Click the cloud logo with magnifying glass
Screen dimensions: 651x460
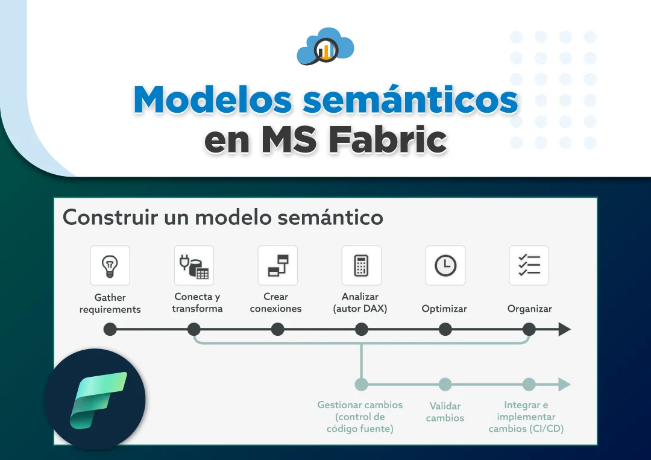click(325, 46)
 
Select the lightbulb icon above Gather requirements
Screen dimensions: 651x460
click(110, 266)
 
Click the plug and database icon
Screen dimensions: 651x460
click(194, 266)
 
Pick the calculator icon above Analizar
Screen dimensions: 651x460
click(361, 266)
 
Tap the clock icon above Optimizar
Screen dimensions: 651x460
click(445, 265)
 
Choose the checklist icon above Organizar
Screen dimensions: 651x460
click(529, 265)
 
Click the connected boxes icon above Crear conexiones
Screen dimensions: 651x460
click(278, 265)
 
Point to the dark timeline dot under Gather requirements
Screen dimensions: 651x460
click(110, 329)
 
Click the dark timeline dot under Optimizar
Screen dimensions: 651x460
click(445, 329)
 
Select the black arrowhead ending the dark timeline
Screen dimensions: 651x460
click(565, 329)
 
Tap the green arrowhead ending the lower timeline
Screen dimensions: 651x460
click(565, 385)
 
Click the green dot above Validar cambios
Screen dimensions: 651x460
click(445, 385)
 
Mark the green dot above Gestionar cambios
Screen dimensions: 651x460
click(361, 385)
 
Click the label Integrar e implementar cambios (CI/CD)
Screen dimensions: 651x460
click(526, 417)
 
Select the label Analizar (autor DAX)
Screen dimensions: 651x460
click(360, 303)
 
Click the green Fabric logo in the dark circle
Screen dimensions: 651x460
click(98, 400)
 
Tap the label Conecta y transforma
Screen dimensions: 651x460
click(197, 303)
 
